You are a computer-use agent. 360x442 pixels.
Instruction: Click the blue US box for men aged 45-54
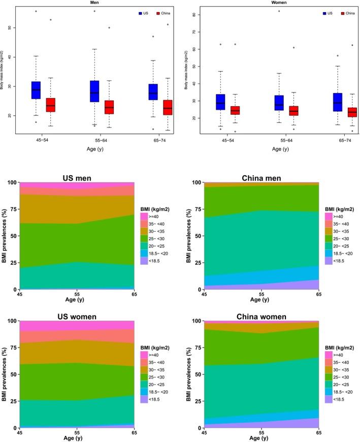36,90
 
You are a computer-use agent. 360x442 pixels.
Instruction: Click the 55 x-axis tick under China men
261,294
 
